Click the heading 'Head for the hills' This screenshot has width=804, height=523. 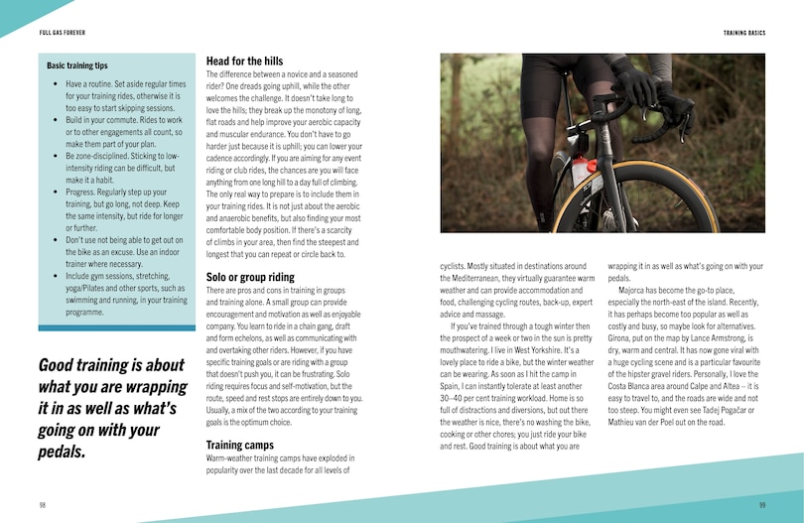click(x=244, y=62)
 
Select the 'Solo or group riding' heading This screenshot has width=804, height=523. click(x=250, y=277)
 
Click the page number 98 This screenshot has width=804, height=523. click(x=42, y=504)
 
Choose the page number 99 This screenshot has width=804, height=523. click(x=761, y=504)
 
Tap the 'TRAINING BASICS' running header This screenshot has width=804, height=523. click(x=744, y=33)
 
